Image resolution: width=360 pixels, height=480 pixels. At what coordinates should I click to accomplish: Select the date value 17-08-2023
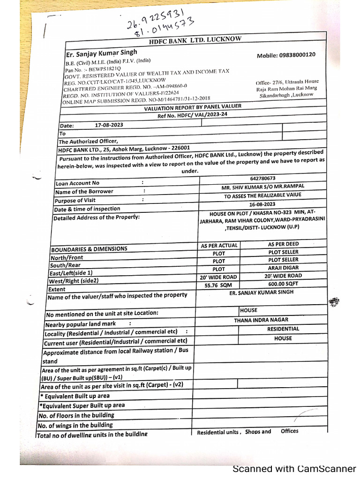(109, 125)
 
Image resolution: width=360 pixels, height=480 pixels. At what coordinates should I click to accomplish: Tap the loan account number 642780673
(262, 179)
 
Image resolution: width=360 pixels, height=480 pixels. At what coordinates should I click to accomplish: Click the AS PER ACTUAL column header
(219, 246)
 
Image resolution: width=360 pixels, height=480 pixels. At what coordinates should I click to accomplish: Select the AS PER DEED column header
(283, 244)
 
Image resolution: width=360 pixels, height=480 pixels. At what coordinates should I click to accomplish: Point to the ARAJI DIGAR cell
(283, 268)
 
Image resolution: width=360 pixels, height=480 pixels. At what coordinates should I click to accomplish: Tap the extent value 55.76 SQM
(218, 285)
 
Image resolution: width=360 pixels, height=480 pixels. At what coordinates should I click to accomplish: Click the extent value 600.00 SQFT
(283, 284)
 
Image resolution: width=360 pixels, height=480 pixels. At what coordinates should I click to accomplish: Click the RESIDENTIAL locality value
(283, 329)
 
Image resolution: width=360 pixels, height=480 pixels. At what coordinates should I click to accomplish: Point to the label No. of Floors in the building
(76, 415)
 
